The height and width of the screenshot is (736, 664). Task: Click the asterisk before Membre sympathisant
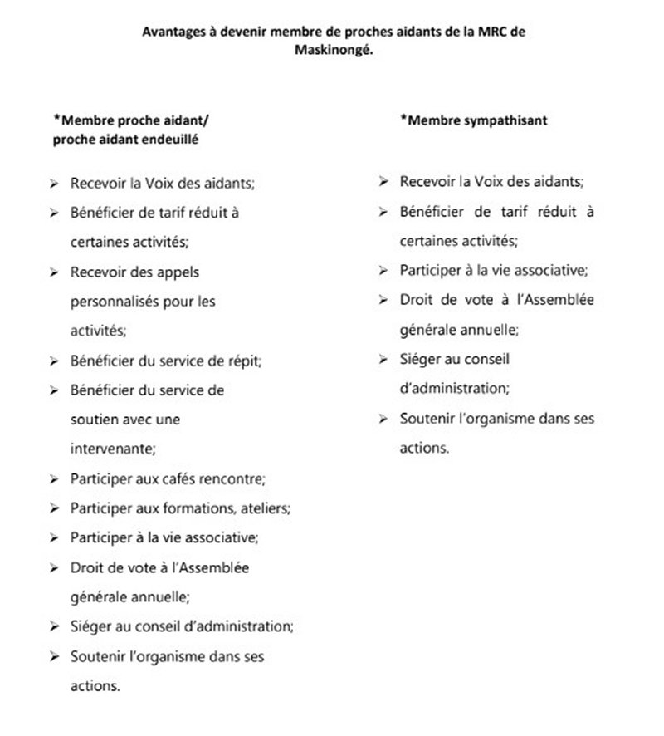tap(403, 119)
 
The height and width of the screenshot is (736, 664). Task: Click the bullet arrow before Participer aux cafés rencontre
tap(54, 479)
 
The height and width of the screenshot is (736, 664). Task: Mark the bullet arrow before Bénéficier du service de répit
tap(54, 361)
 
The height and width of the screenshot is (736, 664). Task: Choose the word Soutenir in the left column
tap(96, 656)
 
